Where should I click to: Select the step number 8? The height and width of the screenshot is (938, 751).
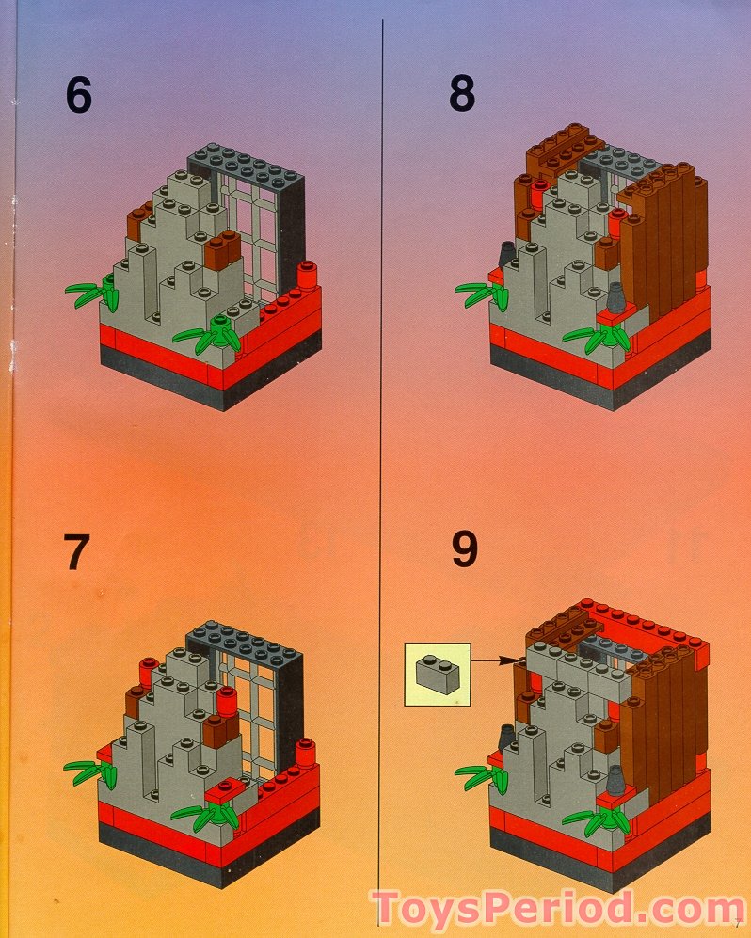point(461,94)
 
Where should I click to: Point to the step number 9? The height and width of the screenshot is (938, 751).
point(463,551)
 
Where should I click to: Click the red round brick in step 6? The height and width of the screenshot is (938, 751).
point(307,275)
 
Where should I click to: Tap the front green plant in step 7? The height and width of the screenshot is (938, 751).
point(209,815)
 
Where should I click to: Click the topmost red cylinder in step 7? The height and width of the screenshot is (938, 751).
point(146,671)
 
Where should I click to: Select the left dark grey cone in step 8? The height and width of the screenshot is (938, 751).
point(506,253)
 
